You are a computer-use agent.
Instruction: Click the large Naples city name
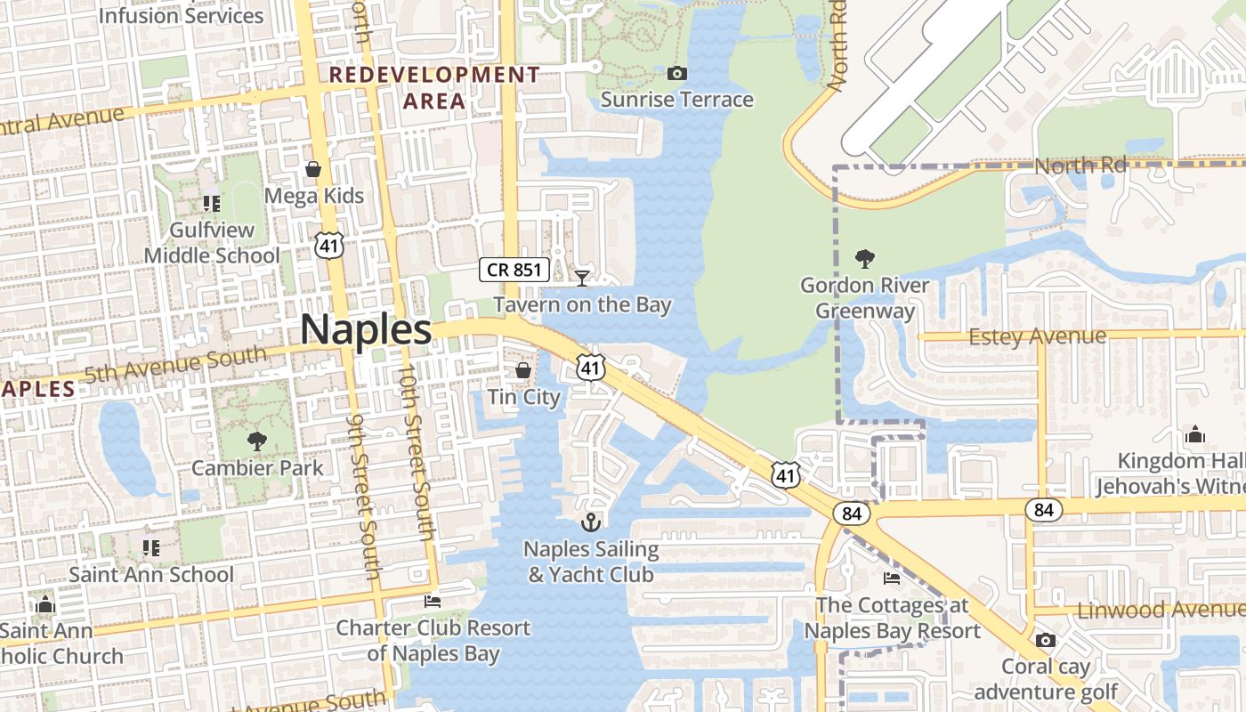point(366,329)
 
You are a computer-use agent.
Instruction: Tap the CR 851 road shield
point(514,269)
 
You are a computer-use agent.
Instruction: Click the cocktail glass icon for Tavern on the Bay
point(582,279)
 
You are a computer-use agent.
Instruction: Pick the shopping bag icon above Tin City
point(523,370)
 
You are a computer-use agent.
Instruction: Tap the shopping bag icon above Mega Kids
point(313,168)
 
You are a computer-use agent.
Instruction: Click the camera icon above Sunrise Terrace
point(676,73)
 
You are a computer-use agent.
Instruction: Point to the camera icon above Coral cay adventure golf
point(1046,640)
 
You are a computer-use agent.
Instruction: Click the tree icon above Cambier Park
point(256,440)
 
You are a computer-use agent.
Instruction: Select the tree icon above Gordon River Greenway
point(863,259)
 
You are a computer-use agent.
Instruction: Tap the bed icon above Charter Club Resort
point(433,602)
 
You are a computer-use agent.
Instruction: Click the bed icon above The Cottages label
point(892,578)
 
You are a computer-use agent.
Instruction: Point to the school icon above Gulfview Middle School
point(211,204)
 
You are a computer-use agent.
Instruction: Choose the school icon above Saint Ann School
point(150,547)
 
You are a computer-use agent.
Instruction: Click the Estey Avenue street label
point(1037,336)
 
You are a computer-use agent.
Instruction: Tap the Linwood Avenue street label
point(1160,611)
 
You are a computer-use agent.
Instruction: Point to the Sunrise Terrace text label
point(676,100)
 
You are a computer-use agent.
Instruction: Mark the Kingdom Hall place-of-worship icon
point(1194,434)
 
